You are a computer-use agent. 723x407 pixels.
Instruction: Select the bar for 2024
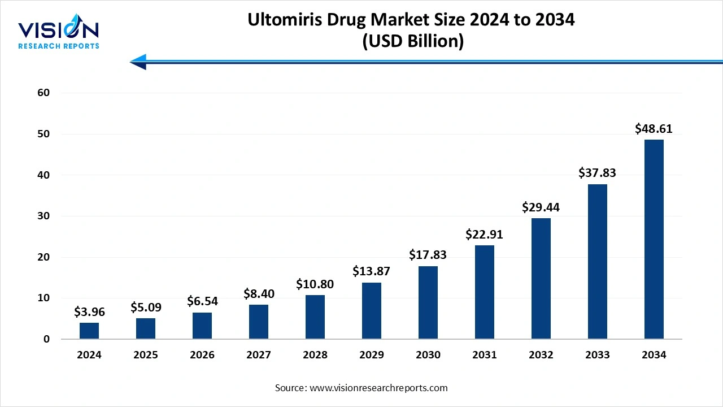[89, 331]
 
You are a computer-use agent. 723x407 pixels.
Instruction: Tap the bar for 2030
[428, 302]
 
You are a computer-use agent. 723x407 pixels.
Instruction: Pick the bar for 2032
[541, 278]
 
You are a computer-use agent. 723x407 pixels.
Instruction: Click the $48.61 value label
[654, 129]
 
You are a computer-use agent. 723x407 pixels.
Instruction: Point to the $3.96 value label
[89, 312]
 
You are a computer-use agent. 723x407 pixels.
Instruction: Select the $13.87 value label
[371, 271]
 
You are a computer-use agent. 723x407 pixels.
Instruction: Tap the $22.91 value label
[484, 234]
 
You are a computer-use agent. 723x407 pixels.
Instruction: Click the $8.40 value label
[258, 293]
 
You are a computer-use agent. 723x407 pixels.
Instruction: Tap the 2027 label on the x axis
[258, 355]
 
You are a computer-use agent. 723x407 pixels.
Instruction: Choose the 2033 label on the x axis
[597, 355]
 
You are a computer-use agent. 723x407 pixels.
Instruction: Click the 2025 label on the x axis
[146, 355]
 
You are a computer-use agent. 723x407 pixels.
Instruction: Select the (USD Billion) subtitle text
[411, 41]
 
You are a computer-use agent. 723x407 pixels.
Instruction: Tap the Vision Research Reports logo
[58, 34]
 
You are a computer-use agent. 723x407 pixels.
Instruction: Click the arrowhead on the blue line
[138, 62]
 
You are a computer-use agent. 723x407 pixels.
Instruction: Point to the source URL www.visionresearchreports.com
[378, 388]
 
